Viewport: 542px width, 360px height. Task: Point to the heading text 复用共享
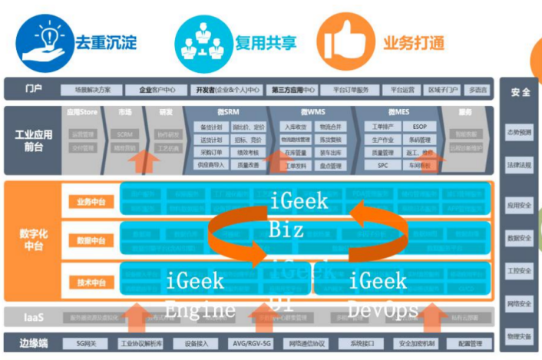coord(266,42)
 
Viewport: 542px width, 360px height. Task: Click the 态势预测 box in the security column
coord(520,132)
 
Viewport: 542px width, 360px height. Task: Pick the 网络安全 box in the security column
coord(520,304)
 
